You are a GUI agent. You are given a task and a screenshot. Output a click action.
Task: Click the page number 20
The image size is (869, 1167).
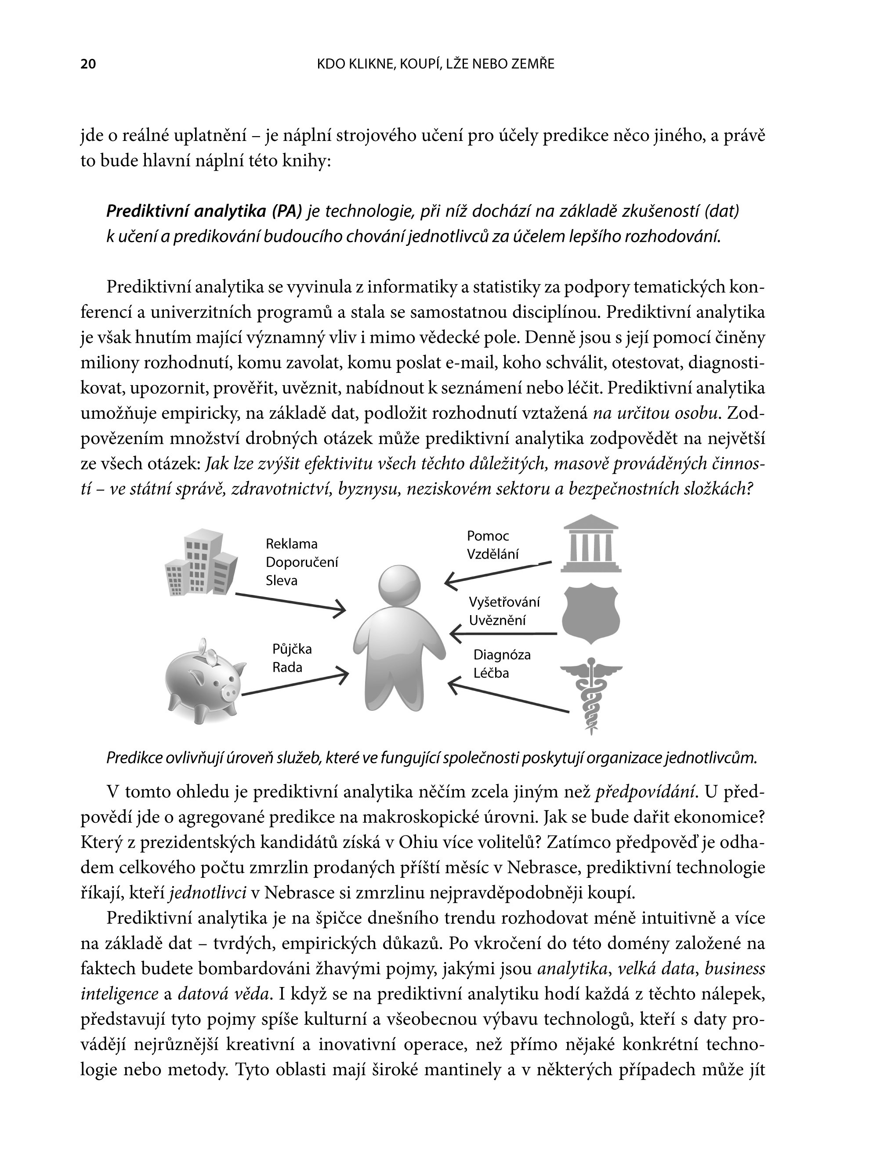[x=88, y=64]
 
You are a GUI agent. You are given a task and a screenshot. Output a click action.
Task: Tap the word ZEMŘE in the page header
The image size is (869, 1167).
[x=534, y=64]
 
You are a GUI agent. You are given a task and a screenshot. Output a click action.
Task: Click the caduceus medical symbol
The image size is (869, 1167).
[x=591, y=694]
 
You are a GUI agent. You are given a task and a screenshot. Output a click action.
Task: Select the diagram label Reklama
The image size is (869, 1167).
[x=291, y=544]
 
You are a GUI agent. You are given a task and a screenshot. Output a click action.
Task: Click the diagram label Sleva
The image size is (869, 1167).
[x=282, y=580]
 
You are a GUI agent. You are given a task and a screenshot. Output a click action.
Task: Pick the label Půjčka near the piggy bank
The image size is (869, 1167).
[x=292, y=649]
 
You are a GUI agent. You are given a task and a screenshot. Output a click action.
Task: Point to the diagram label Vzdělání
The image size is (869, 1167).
[x=493, y=554]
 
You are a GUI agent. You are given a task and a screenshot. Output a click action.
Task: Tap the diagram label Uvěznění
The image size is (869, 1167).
[x=497, y=620]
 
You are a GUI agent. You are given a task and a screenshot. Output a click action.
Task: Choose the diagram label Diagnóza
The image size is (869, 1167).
[x=502, y=655]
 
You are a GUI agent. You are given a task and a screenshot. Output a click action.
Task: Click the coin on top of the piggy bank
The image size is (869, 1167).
[x=210, y=655]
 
